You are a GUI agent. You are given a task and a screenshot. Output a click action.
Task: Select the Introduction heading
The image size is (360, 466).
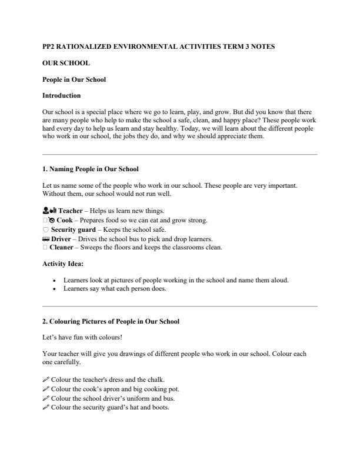[x=62, y=95]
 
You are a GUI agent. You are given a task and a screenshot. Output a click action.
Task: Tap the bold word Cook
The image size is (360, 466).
[x=64, y=220]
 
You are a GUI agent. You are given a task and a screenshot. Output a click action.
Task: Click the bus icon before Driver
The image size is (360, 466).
[x=46, y=238]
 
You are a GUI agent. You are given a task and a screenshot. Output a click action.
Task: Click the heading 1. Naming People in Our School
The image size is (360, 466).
[x=91, y=169]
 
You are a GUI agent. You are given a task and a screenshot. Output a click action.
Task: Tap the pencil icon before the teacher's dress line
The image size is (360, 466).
[x=46, y=380]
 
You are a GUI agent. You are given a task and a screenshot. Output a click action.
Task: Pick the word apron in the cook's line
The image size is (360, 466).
[x=108, y=390]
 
